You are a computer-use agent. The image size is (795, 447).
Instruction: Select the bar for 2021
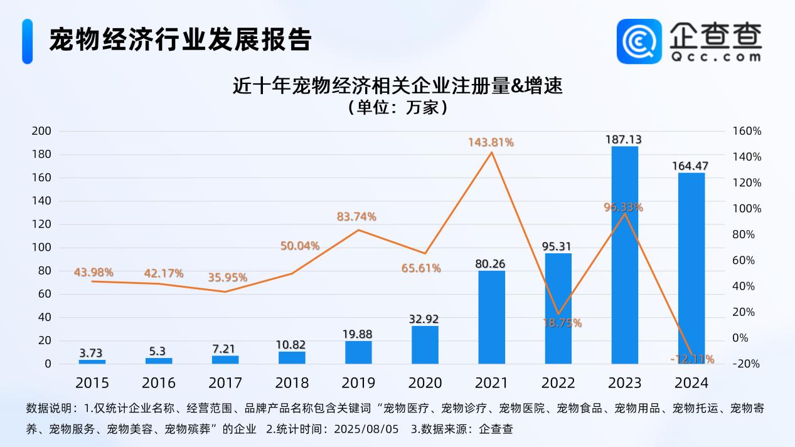[x=491, y=317]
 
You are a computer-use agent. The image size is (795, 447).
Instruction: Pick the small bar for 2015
[x=92, y=361]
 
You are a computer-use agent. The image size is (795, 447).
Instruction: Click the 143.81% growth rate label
[x=491, y=142]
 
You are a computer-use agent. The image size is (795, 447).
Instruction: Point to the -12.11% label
[x=692, y=359]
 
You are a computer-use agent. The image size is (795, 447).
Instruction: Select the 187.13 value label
[x=624, y=139]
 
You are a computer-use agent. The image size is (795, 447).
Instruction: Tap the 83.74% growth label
[x=356, y=217]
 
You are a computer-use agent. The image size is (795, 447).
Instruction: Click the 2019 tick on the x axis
[x=358, y=382]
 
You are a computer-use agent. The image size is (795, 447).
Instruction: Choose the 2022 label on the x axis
[x=558, y=382]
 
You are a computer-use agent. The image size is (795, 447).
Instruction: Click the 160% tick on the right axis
[x=746, y=131]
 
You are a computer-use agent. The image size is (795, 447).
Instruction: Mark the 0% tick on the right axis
[x=740, y=338]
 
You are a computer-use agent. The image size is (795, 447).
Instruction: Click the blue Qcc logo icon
[x=639, y=41]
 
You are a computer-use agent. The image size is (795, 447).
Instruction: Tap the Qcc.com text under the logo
[x=715, y=56]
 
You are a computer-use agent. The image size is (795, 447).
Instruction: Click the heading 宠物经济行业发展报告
[x=180, y=40]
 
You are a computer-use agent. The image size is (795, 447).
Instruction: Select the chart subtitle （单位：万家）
[x=397, y=107]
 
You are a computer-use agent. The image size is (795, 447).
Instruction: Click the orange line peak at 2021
[x=491, y=152]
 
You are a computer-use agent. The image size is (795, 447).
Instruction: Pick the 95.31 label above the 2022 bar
[x=557, y=246]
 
